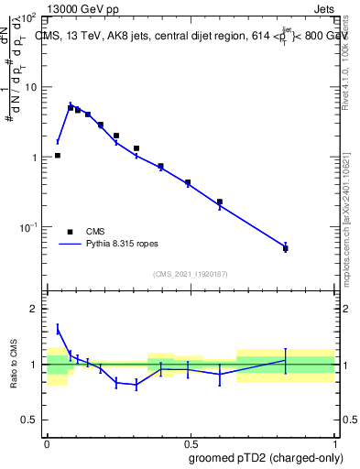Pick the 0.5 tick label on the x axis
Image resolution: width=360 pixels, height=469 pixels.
pyautogui.click(x=190, y=442)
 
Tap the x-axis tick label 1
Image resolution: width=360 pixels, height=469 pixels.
pyautogui.click(x=333, y=442)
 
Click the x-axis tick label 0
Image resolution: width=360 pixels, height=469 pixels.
pyautogui.click(x=47, y=442)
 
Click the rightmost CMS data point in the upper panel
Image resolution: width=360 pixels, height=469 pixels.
pyautogui.click(x=286, y=248)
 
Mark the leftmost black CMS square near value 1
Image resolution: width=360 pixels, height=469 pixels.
pyautogui.click(x=58, y=156)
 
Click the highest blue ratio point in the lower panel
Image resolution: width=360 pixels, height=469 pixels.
pyautogui.click(x=58, y=329)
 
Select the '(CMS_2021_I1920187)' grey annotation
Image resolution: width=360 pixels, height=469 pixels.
pyautogui.click(x=191, y=273)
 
